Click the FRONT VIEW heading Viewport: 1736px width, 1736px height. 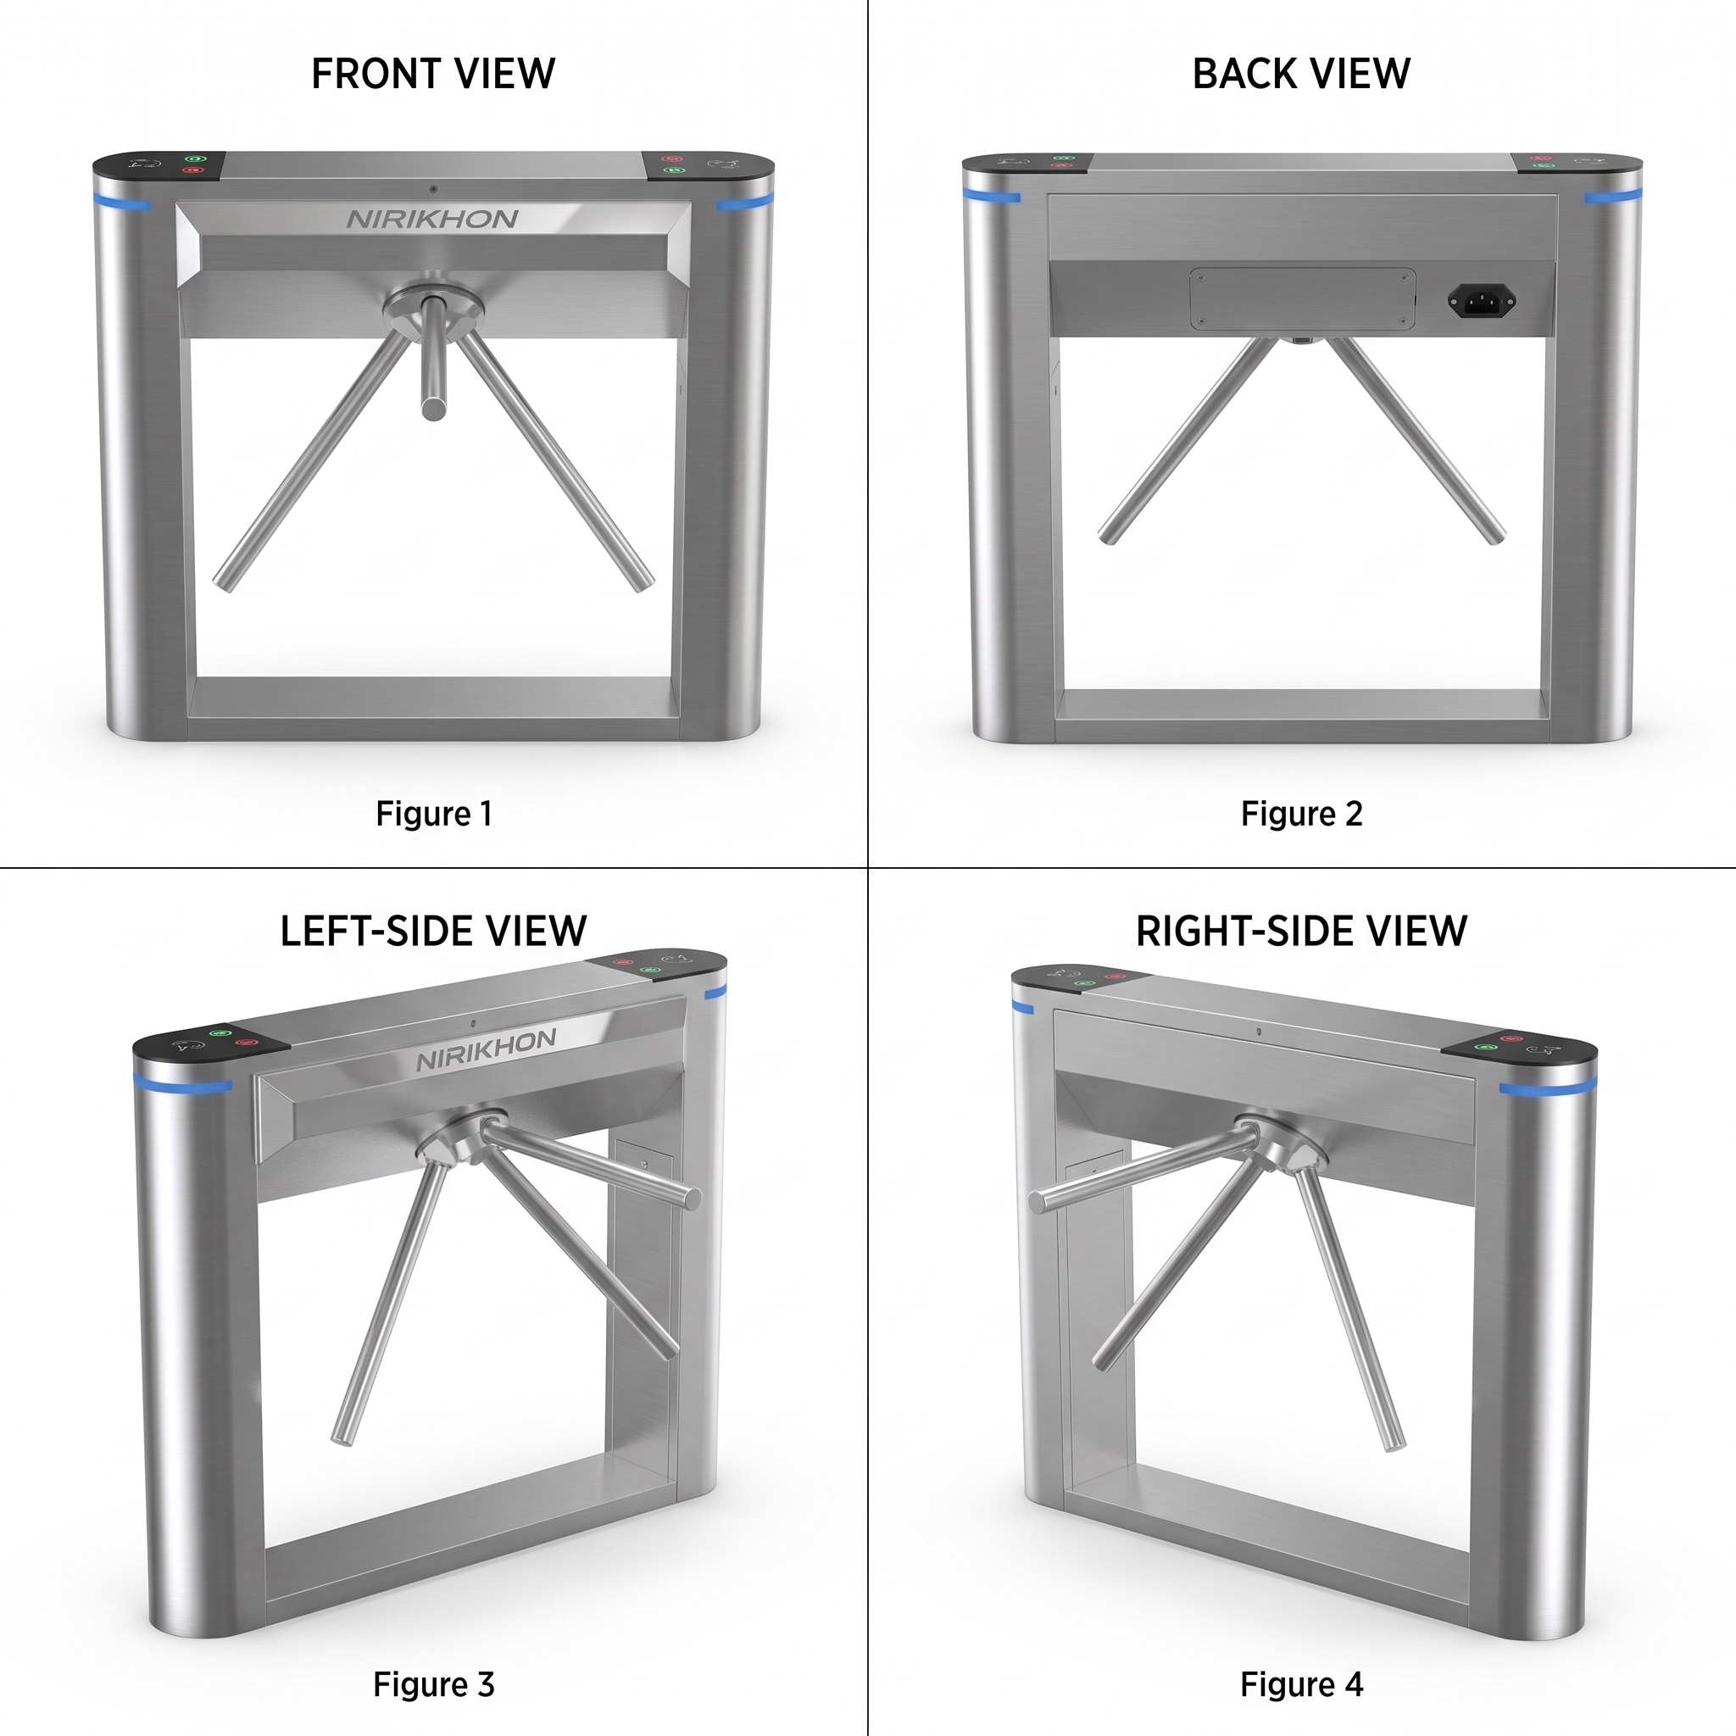click(x=433, y=74)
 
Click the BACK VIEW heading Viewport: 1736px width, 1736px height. click(x=1301, y=74)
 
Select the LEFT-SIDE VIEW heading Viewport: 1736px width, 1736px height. click(x=433, y=931)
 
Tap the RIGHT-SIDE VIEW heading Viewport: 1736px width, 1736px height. click(x=1301, y=931)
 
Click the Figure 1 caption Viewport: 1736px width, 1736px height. click(x=433, y=813)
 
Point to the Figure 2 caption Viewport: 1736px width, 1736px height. click(x=1301, y=813)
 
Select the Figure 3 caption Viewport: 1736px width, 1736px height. click(x=433, y=1684)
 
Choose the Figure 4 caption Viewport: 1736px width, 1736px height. click(x=1301, y=1684)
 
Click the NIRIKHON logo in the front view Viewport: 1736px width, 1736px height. click(x=432, y=220)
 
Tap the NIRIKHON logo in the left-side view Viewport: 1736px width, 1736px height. click(x=486, y=1049)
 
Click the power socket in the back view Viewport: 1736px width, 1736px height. click(x=1482, y=301)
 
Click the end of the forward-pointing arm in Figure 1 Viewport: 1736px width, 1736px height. click(x=433, y=409)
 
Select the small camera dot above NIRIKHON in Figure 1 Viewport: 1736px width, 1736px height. click(x=433, y=190)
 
